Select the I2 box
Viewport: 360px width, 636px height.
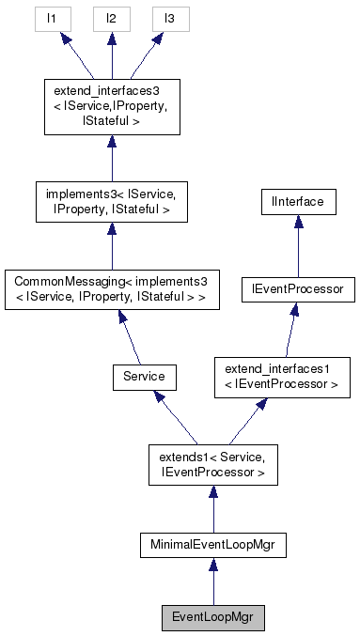(111, 18)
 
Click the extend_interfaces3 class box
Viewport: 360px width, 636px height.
(111, 107)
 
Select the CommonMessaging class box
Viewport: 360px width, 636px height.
(111, 289)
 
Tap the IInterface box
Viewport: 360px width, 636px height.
(298, 202)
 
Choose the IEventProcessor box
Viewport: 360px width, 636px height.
(298, 289)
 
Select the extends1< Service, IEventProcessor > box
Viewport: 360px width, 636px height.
(212, 465)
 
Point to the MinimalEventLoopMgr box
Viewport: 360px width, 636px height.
(212, 544)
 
